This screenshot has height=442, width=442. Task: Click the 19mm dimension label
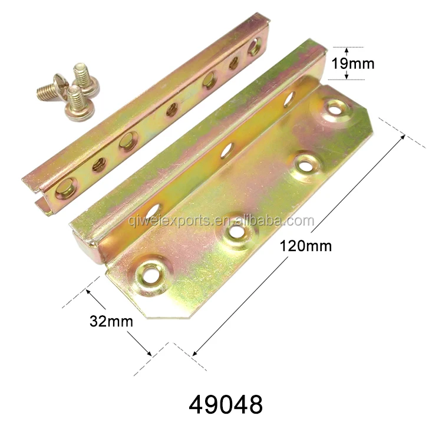(x=353, y=64)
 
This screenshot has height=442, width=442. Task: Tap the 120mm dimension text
(x=305, y=246)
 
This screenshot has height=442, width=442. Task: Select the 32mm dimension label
(x=111, y=321)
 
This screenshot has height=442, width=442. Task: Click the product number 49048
(x=226, y=404)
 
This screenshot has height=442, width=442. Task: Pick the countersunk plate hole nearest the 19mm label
(x=335, y=111)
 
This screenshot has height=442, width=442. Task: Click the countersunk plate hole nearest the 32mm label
(x=150, y=274)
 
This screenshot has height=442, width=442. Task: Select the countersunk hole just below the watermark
(x=236, y=232)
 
